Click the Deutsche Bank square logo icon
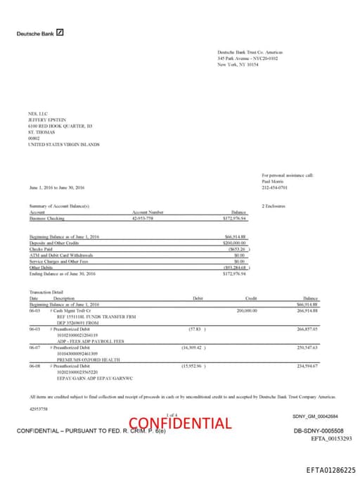point(60,32)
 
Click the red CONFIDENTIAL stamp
point(180,423)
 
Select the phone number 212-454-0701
point(274,188)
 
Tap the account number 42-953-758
point(143,219)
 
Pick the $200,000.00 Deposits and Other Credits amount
point(236,242)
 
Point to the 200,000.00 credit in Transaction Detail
point(247,310)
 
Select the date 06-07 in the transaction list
point(34,347)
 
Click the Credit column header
point(250,298)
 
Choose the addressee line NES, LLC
point(37,113)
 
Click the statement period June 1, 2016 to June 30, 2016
point(57,188)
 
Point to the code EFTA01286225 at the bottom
point(330,469)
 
